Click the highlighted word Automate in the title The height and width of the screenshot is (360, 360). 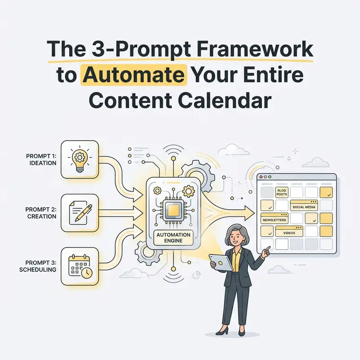[x=134, y=75]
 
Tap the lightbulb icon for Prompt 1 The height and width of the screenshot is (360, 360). [x=80, y=159]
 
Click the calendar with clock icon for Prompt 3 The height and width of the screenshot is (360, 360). [x=80, y=266]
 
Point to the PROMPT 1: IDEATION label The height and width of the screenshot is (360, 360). [x=41, y=159]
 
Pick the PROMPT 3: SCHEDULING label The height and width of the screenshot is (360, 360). [x=38, y=266]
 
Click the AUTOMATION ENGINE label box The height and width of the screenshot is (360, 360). [x=173, y=238]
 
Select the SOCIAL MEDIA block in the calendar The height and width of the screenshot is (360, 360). [x=304, y=205]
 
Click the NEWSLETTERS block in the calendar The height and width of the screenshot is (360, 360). [x=274, y=218]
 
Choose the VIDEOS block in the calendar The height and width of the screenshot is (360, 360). [x=289, y=231]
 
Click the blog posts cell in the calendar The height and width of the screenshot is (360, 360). [x=282, y=192]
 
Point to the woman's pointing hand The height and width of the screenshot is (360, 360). [x=266, y=251]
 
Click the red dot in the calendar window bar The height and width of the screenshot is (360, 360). [x=261, y=177]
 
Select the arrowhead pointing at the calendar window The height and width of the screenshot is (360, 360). [x=250, y=213]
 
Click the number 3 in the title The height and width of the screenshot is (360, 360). [x=99, y=49]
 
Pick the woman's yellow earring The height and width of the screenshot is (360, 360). [x=243, y=242]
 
